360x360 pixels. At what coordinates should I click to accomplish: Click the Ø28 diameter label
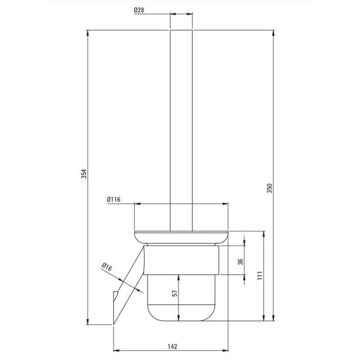(139, 10)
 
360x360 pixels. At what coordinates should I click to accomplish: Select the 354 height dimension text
(84, 174)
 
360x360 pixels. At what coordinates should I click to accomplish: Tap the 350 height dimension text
(269, 188)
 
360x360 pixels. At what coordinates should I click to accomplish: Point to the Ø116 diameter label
(114, 200)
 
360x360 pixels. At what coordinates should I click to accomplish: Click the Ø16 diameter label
(107, 267)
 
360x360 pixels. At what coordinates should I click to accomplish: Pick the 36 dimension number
(240, 262)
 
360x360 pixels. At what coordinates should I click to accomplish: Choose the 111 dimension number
(260, 275)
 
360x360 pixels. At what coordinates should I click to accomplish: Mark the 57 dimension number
(174, 293)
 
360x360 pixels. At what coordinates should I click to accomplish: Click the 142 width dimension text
(172, 346)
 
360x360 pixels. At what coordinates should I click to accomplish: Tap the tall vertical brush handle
(181, 131)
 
